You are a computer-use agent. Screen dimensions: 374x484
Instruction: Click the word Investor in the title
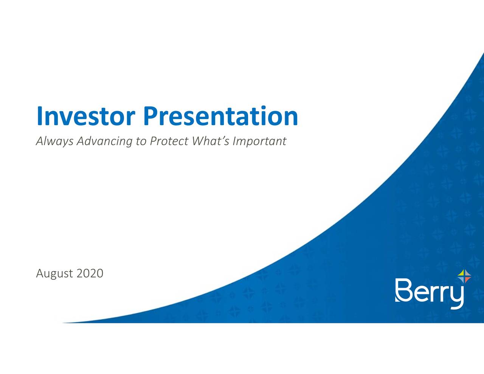pyautogui.click(x=86, y=116)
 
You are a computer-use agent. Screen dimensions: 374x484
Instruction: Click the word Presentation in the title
pyautogui.click(x=220, y=116)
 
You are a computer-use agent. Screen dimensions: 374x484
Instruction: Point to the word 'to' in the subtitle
pyautogui.click(x=141, y=141)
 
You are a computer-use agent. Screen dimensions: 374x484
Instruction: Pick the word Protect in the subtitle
pyautogui.click(x=169, y=141)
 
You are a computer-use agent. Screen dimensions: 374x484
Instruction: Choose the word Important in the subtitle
pyautogui.click(x=259, y=141)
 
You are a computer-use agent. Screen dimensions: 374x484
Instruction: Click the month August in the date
pyautogui.click(x=54, y=273)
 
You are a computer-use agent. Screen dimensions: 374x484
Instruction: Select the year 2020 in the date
pyautogui.click(x=90, y=273)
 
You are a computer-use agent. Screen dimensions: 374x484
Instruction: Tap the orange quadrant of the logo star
pyautogui.click(x=467, y=279)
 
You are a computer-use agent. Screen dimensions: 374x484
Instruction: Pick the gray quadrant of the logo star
pyautogui.click(x=467, y=274)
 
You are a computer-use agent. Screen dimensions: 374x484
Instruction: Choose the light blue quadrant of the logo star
pyautogui.click(x=462, y=279)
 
